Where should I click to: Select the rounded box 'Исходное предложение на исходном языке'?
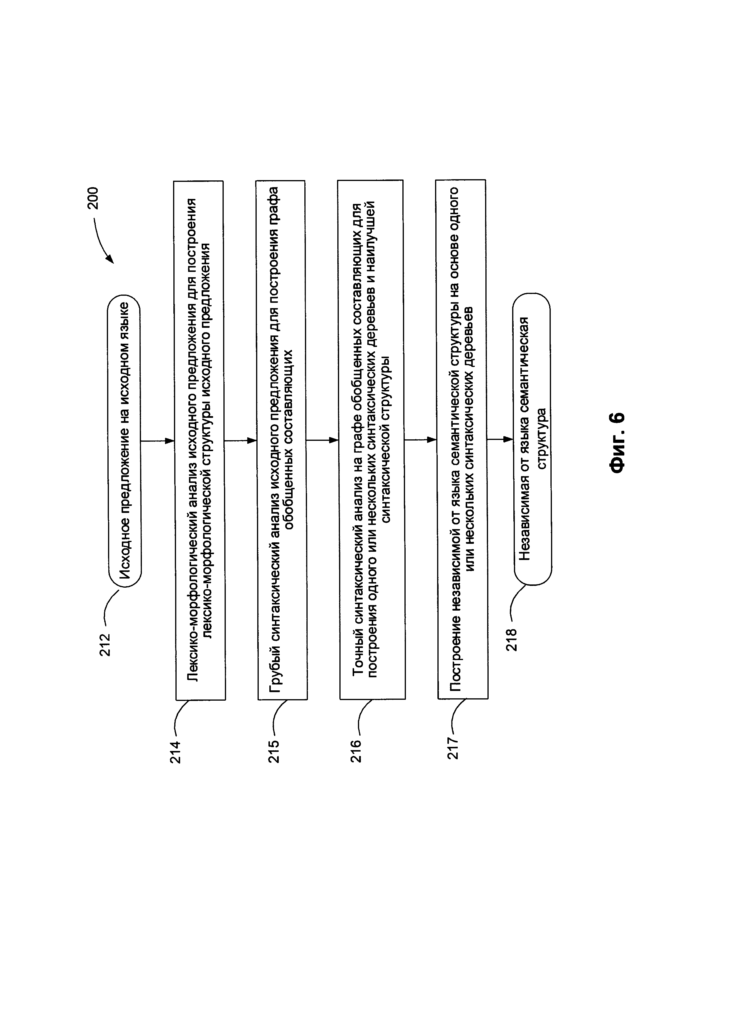coord(124,441)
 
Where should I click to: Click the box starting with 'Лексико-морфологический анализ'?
coord(200,441)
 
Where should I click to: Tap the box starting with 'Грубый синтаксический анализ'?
coord(282,441)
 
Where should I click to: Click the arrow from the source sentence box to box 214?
coord(157,441)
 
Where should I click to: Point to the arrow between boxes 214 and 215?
coord(240,441)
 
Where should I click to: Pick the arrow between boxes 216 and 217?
coord(420,440)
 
